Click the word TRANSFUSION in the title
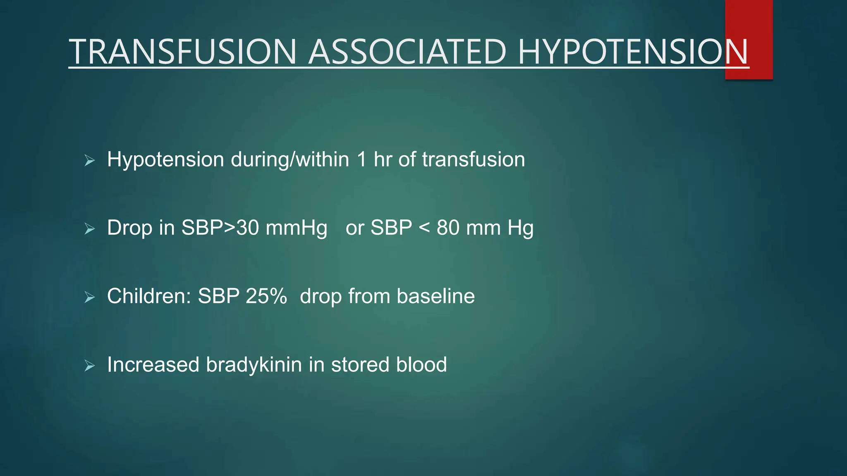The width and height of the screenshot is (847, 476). coord(182,52)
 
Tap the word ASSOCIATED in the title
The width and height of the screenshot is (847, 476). coord(407,52)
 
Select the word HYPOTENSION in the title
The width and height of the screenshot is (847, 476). coord(633,52)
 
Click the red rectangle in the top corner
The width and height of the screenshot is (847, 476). coord(749,25)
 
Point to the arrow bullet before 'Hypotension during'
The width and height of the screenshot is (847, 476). coord(89,160)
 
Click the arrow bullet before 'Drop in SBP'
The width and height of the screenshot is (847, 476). coord(89,228)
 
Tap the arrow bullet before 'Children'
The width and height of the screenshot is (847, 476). coord(89,297)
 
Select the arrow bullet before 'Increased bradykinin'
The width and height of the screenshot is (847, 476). coord(89,366)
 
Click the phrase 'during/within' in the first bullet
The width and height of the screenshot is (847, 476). coord(290,159)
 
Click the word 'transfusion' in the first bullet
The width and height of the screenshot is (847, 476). coord(473,159)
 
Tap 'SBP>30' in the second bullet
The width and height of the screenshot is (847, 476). coord(220,228)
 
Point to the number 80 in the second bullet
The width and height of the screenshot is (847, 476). coord(448,228)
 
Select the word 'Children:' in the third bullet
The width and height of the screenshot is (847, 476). coord(149,296)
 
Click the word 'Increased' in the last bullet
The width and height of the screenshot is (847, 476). coord(153,365)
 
